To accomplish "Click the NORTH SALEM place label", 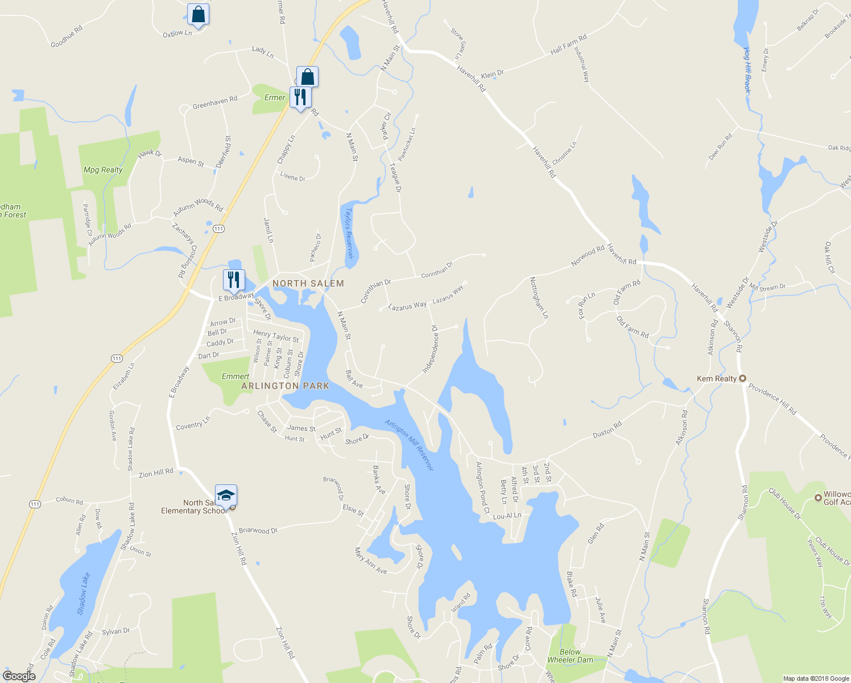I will [x=308, y=283].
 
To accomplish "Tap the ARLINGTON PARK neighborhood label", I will [x=285, y=386].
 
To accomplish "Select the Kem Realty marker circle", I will [x=742, y=378].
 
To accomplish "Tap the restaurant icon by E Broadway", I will [x=233, y=280].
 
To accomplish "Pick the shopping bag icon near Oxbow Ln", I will [x=198, y=14].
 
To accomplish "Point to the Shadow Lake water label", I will [x=83, y=594].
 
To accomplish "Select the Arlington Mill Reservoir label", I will [x=409, y=445].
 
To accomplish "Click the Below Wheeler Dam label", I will [x=570, y=656].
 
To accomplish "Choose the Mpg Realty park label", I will [x=103, y=170].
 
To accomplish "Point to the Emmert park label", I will [x=236, y=376].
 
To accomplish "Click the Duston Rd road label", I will [x=607, y=430].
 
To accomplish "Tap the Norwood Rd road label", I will [x=588, y=256].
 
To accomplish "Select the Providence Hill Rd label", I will [x=772, y=398].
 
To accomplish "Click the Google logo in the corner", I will [x=19, y=676].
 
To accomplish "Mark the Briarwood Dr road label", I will [x=258, y=530].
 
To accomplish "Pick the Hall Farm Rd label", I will [x=568, y=44].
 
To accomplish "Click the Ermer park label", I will [x=275, y=97].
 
